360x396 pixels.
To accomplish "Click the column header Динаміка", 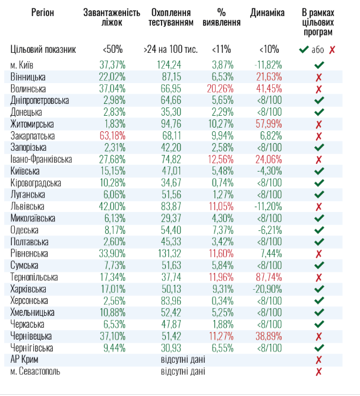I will coord(268,12).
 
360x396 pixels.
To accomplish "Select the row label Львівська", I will coord(28,207).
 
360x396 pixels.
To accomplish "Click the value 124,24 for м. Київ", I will coord(169,65).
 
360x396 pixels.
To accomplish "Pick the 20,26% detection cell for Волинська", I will coord(226,88).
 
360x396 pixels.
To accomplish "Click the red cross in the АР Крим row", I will coord(319,360).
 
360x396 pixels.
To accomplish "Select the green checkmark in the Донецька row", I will coord(319,112).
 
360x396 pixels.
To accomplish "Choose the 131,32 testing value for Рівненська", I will coord(169,254).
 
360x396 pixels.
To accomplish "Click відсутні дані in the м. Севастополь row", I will coord(183,372).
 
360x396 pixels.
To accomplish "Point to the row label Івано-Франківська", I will coord(41,159).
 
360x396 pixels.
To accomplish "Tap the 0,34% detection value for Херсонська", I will coord(226,301).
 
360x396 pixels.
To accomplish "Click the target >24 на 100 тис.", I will coord(170,49).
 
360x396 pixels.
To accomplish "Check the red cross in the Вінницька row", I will coord(319,77).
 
